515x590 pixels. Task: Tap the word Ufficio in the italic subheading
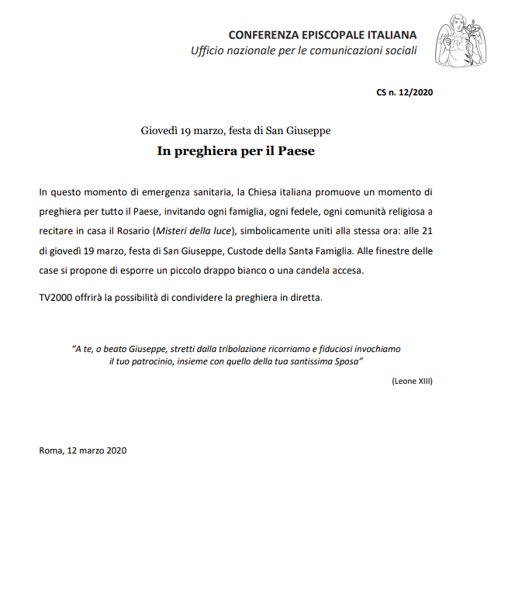click(x=210, y=51)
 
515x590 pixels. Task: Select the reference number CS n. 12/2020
click(x=405, y=92)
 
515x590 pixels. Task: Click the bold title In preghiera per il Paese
click(x=236, y=151)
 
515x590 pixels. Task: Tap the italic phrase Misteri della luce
click(x=193, y=230)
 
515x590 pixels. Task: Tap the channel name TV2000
click(x=56, y=298)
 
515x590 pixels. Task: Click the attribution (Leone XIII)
click(x=412, y=381)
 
